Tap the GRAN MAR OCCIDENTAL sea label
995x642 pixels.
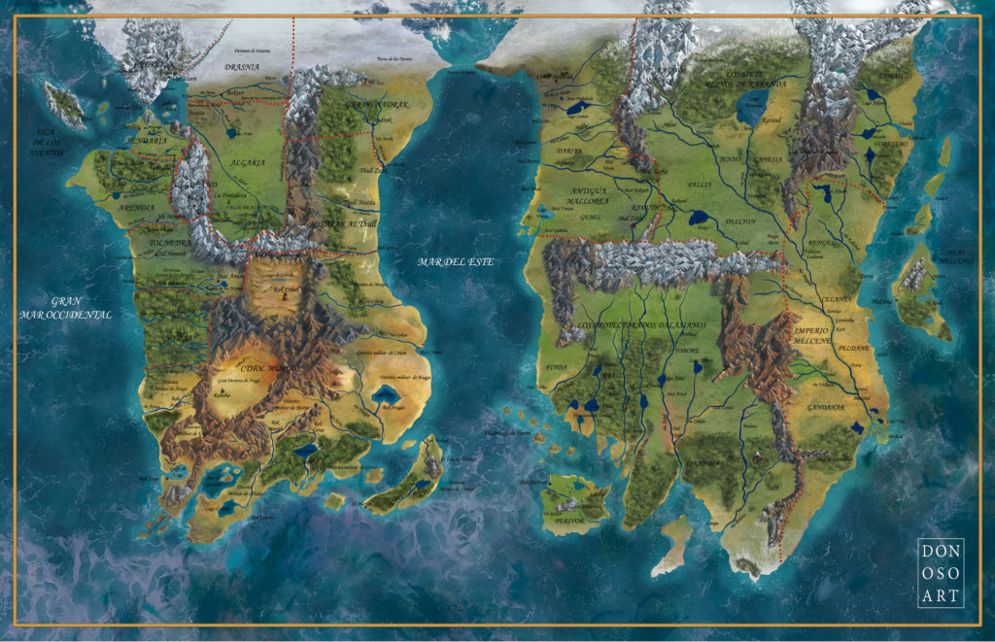point(65,308)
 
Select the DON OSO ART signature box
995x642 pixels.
point(941,573)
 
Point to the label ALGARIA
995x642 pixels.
point(249,163)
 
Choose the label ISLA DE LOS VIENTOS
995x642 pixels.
point(37,145)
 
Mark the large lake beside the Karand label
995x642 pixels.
point(753,110)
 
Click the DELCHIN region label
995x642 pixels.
point(740,221)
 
